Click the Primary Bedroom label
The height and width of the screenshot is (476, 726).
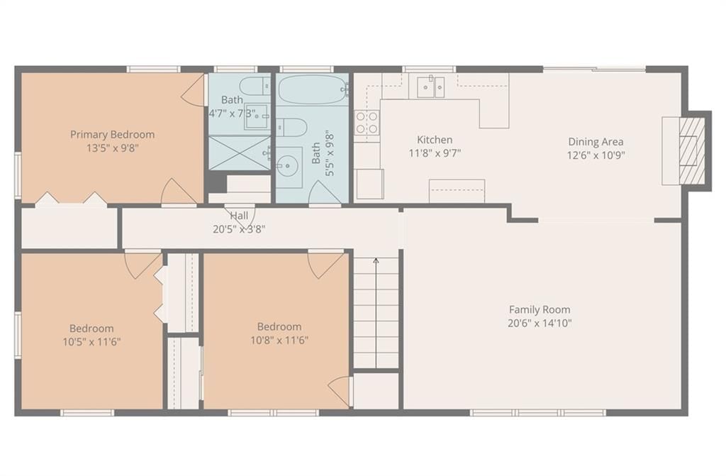coord(113,134)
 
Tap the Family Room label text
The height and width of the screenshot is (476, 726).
coord(540,309)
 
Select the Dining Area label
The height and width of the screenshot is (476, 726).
coord(596,142)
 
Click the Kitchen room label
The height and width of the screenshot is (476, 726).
coord(435,140)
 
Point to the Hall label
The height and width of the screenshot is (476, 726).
coord(239,216)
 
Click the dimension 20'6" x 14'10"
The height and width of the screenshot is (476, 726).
coord(540,323)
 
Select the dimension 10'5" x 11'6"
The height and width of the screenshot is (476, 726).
coord(91,342)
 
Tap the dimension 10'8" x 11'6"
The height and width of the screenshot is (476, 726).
coord(279,341)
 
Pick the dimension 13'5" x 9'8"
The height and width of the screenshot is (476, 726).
coord(113,148)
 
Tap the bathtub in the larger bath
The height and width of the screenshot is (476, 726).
coord(313,89)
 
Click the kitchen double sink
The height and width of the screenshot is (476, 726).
coord(430,87)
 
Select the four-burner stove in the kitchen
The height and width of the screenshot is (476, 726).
coord(367,122)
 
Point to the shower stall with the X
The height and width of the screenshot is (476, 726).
coord(240,153)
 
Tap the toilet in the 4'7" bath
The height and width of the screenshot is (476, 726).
coord(255,86)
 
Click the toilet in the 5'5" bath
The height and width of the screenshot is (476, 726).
coord(291,127)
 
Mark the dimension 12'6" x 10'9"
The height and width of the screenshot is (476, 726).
coord(596,155)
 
